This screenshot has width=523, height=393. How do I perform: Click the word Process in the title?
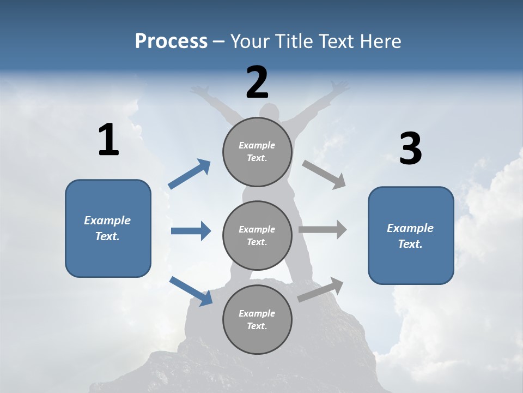click(171, 41)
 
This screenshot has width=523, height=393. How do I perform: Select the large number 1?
click(109, 139)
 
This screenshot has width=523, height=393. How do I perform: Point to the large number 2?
click(257, 82)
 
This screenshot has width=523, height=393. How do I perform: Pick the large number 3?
click(411, 148)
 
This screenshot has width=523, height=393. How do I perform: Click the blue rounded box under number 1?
click(108, 229)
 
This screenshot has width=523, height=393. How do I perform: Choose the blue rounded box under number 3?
click(411, 236)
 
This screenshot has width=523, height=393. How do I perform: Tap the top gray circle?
click(257, 152)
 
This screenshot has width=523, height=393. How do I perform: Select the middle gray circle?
click(257, 236)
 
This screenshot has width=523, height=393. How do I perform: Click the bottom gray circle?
click(257, 319)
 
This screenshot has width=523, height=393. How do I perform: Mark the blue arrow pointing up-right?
click(189, 174)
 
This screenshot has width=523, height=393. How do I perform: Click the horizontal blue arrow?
click(191, 231)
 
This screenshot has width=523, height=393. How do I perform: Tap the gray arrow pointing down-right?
click(324, 175)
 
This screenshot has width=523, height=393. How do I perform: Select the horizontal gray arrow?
click(323, 230)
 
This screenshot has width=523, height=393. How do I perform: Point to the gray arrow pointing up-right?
click(320, 290)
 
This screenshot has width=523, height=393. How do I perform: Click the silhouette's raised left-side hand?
click(199, 90)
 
